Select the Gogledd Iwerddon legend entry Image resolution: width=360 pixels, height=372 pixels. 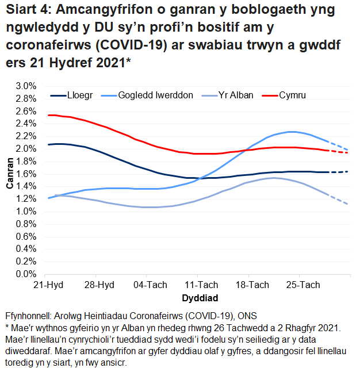155,95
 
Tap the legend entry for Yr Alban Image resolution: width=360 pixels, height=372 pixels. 234,95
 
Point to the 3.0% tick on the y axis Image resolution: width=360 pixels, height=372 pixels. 27,86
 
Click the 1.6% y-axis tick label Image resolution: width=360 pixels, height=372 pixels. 27,174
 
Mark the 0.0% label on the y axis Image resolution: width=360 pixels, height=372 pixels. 27,274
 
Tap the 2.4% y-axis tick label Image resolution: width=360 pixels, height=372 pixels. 27,124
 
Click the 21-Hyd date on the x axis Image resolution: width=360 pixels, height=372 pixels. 48,285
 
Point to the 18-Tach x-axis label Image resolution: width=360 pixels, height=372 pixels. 254,285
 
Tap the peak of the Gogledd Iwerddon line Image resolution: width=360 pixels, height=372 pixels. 293,132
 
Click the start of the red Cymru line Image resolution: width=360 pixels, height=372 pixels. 48,115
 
